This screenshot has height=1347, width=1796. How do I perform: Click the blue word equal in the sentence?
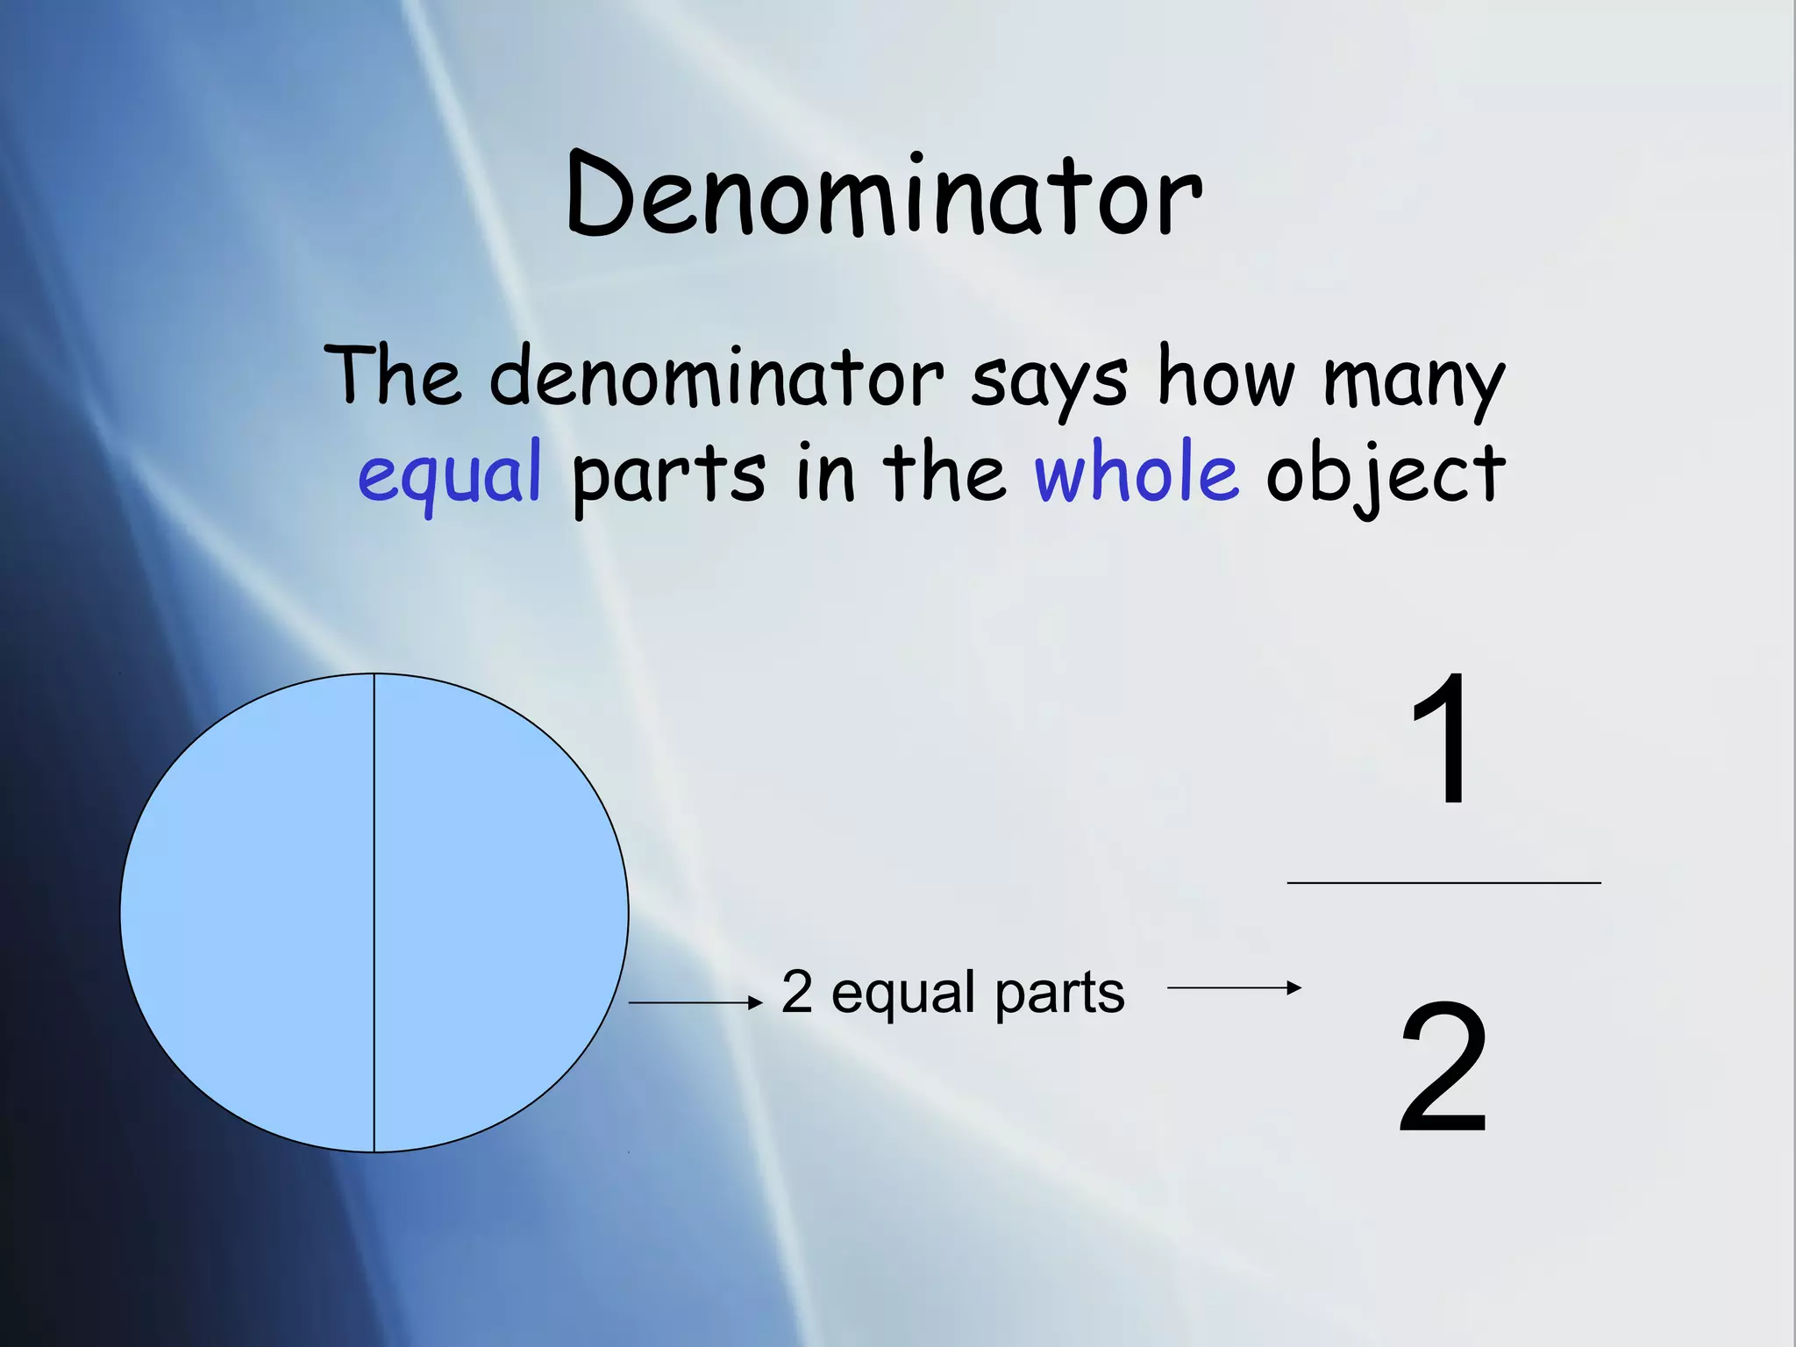tap(449, 474)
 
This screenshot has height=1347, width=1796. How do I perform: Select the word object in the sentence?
tap(1386, 474)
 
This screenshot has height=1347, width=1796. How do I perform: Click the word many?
tap(1414, 380)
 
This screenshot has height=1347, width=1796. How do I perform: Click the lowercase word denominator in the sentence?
tap(716, 377)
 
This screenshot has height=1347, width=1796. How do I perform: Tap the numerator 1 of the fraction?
tap(1440, 738)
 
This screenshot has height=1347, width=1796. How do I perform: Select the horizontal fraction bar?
tap(1443, 883)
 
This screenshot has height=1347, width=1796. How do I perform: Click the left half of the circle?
tap(250, 912)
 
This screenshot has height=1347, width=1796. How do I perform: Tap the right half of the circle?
tap(500, 912)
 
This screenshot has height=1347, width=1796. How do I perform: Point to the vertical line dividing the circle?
tap(374, 912)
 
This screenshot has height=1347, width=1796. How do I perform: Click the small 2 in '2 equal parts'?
tap(796, 993)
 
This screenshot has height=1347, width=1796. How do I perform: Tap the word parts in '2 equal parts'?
tap(1059, 994)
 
